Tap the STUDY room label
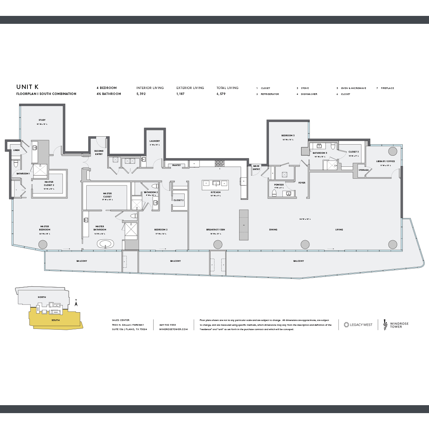pos(42,120)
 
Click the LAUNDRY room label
pos(155,141)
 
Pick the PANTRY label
pos(176,165)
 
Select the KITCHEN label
pos(216,192)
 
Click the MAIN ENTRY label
pos(256,168)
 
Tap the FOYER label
pos(302,183)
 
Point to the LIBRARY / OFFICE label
pos(385,161)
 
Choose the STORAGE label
pos(363,170)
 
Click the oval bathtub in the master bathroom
pos(106,244)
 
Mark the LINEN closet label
pos(16,150)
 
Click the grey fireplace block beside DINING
pos(243,225)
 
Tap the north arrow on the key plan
pos(76,304)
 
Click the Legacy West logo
pos(358,325)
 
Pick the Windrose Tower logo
pos(396,325)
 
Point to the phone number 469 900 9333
pos(167,325)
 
